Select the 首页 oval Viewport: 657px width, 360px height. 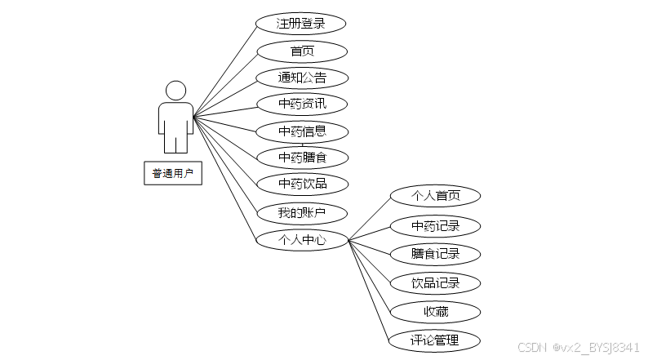click(x=301, y=51)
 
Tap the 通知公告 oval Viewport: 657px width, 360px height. click(x=301, y=78)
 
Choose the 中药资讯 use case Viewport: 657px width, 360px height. click(x=301, y=104)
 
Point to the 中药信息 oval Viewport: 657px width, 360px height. click(x=301, y=131)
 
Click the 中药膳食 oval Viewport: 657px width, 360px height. click(x=301, y=157)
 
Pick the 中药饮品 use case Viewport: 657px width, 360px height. click(x=301, y=184)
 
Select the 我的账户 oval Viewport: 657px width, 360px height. click(x=301, y=213)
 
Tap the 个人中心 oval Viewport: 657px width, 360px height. click(x=301, y=240)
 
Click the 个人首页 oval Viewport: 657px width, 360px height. click(x=435, y=196)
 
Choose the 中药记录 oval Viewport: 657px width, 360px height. click(x=435, y=225)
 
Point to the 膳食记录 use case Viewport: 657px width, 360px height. click(x=435, y=254)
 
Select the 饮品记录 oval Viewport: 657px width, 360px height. click(x=435, y=283)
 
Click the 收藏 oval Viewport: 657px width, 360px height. click(x=435, y=311)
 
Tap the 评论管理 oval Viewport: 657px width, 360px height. click(x=435, y=340)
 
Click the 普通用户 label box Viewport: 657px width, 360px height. click(x=173, y=174)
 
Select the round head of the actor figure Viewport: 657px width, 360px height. click(x=175, y=91)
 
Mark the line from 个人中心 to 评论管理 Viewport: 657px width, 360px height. click(x=369, y=289)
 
